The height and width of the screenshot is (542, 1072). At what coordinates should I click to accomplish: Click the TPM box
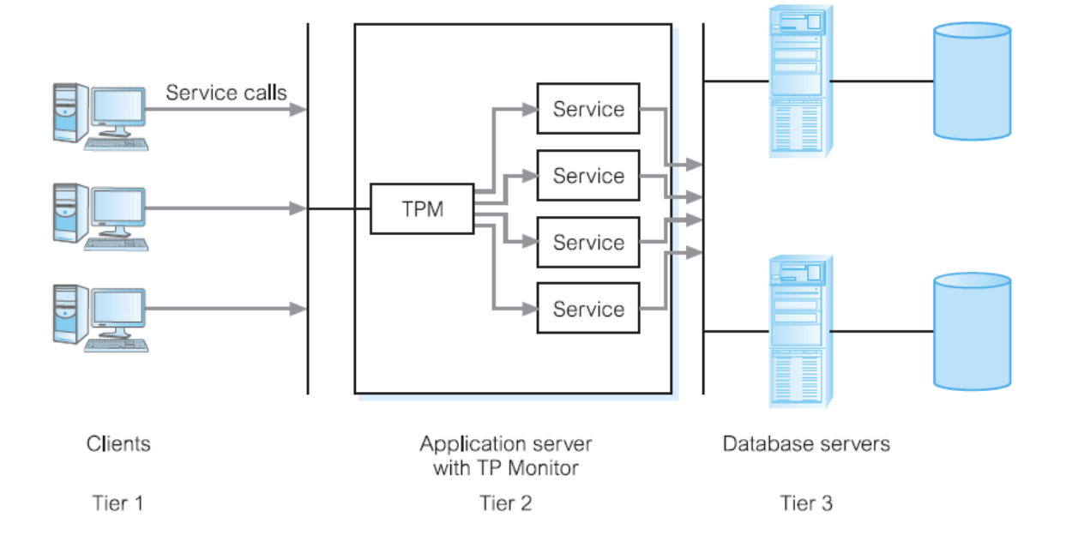[422, 208]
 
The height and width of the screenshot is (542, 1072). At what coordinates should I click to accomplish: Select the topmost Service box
[588, 109]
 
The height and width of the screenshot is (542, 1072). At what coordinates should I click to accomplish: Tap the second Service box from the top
[588, 176]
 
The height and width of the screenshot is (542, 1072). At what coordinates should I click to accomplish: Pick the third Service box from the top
[588, 243]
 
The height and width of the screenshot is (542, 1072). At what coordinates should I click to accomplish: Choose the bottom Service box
[588, 309]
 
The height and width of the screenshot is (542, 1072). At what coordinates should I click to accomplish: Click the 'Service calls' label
[226, 93]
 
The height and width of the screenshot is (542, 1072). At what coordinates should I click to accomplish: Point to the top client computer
[99, 117]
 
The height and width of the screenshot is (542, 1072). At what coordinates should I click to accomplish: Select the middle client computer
[99, 216]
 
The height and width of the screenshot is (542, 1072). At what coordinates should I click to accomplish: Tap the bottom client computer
[99, 316]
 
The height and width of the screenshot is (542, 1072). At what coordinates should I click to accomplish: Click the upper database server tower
[797, 81]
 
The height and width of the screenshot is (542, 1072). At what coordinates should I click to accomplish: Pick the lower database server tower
[797, 331]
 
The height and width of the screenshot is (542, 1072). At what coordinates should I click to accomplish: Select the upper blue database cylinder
[972, 81]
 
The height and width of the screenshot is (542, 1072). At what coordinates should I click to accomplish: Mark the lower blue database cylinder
[972, 331]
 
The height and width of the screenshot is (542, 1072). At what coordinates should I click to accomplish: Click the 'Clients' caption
[118, 444]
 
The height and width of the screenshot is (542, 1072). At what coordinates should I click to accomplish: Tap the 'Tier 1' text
[117, 503]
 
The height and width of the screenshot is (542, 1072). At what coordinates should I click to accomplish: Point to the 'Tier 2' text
[506, 503]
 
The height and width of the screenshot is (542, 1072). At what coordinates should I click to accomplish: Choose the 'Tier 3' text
[806, 503]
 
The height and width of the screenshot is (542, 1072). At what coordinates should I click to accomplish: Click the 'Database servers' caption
[806, 444]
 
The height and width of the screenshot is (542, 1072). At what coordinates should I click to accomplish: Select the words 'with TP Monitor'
[506, 468]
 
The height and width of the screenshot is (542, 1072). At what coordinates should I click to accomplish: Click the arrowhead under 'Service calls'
[298, 109]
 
